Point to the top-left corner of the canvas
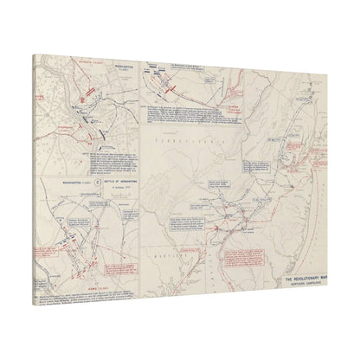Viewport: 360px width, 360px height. pyautogui.click(x=33, y=54)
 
